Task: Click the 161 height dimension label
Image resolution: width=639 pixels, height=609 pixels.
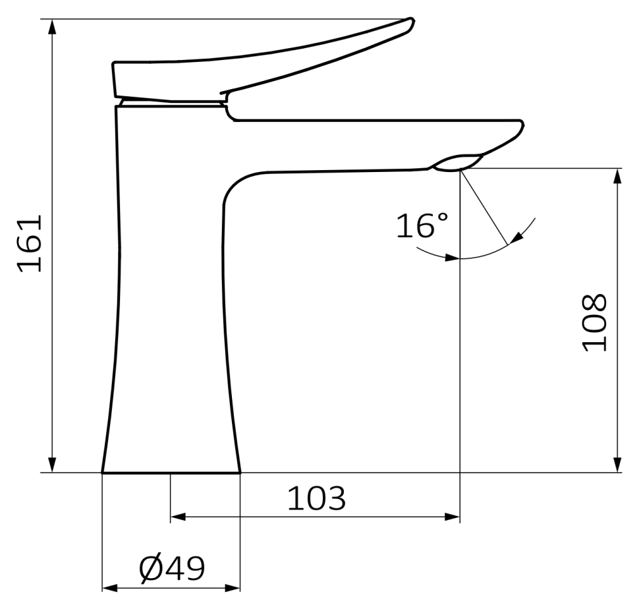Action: point(30,243)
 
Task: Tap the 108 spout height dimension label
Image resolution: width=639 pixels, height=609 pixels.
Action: point(594,322)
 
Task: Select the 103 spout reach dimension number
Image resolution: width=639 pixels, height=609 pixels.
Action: point(317,498)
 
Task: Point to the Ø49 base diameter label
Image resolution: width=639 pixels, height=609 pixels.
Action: point(171,569)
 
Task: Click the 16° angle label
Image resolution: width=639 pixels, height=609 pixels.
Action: point(422,225)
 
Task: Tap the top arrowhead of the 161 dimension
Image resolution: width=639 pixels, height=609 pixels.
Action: point(52,27)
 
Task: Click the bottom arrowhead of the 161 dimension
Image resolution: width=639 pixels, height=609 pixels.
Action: point(52,465)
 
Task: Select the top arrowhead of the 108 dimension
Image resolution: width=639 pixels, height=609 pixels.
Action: point(617,176)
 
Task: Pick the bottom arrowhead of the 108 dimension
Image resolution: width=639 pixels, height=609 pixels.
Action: point(617,465)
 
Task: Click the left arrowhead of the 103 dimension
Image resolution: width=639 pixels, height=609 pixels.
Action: point(178,517)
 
